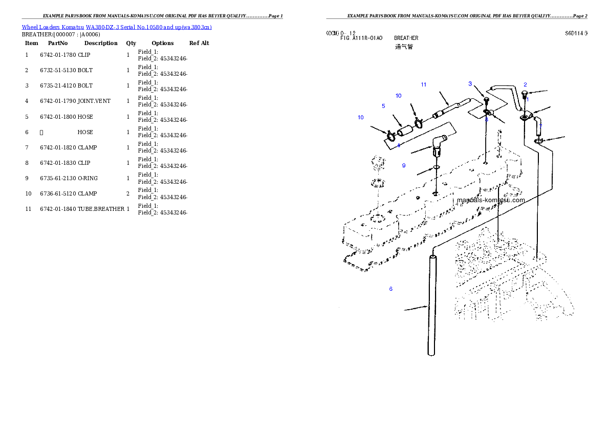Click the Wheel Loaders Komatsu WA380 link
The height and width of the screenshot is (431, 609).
click(x=117, y=27)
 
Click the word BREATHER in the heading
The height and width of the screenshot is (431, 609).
click(x=406, y=38)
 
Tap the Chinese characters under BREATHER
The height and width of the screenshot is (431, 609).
click(x=404, y=47)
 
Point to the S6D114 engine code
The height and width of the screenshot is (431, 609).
click(x=575, y=33)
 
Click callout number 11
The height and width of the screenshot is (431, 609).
click(x=423, y=84)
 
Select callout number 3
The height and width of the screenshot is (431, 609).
click(x=470, y=84)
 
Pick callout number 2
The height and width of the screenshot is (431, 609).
click(x=525, y=85)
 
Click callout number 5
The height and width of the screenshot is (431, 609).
click(x=383, y=106)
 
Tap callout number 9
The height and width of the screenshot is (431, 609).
click(x=404, y=165)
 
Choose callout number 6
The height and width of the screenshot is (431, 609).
click(x=390, y=289)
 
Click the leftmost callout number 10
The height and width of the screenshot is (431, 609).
click(x=361, y=117)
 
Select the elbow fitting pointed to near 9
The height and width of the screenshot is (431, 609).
click(x=438, y=145)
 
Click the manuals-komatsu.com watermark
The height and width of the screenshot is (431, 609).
click(x=491, y=200)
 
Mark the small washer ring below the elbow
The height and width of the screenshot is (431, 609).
click(x=436, y=167)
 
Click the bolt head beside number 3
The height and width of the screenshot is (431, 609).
click(x=486, y=99)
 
